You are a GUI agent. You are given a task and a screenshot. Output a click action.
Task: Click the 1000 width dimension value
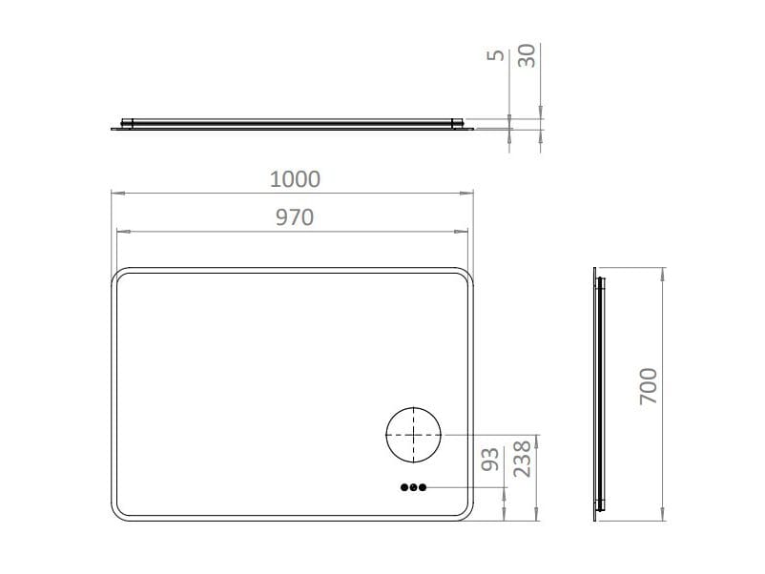[295, 178]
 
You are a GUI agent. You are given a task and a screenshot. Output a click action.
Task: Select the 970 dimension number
[295, 217]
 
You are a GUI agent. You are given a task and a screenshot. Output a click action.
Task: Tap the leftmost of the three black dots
[403, 487]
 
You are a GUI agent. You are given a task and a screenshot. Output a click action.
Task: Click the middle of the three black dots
[413, 487]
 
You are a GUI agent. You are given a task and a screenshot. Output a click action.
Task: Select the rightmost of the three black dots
[423, 487]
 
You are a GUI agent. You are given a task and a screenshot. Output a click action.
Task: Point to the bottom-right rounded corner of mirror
[467, 512]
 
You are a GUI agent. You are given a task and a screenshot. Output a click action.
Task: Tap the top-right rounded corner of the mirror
[467, 275]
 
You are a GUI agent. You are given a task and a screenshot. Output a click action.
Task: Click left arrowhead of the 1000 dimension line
[116, 194]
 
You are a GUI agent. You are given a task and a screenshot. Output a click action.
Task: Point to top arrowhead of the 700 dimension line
[662, 272]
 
